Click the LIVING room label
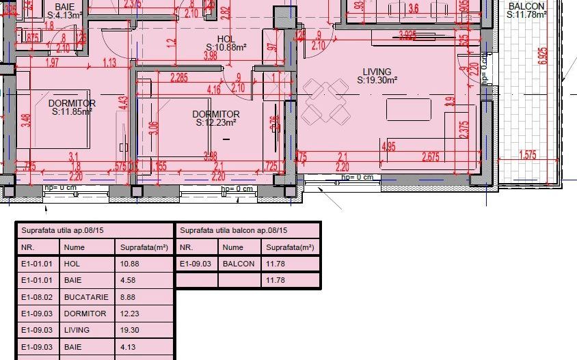pyautogui.click(x=377, y=72)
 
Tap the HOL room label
pyautogui.click(x=226, y=39)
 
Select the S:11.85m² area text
pyautogui.click(x=72, y=112)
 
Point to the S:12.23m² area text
pyautogui.click(x=216, y=123)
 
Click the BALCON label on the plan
pyautogui.click(x=526, y=7)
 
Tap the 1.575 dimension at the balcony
pyautogui.click(x=527, y=155)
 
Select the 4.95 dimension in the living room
pyautogui.click(x=389, y=146)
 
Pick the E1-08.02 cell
pyautogui.click(x=37, y=297)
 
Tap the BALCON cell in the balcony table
pyautogui.click(x=239, y=264)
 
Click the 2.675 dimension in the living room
pyautogui.click(x=431, y=156)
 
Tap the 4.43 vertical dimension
pyautogui.click(x=124, y=102)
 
